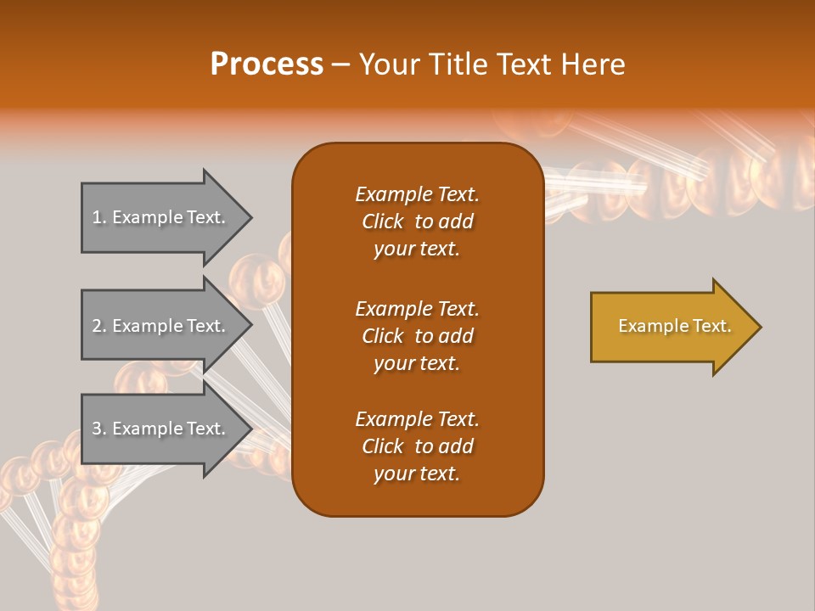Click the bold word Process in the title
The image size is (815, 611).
click(x=267, y=64)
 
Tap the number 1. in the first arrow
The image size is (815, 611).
click(x=99, y=217)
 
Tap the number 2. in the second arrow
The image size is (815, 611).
click(x=99, y=326)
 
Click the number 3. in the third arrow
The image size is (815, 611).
click(x=99, y=429)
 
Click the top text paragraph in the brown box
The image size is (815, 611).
click(x=417, y=221)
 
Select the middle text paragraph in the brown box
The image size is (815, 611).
click(x=417, y=336)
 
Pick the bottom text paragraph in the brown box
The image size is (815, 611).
click(x=417, y=446)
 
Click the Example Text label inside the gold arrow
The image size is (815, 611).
click(x=674, y=326)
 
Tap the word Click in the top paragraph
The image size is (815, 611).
click(x=383, y=221)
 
